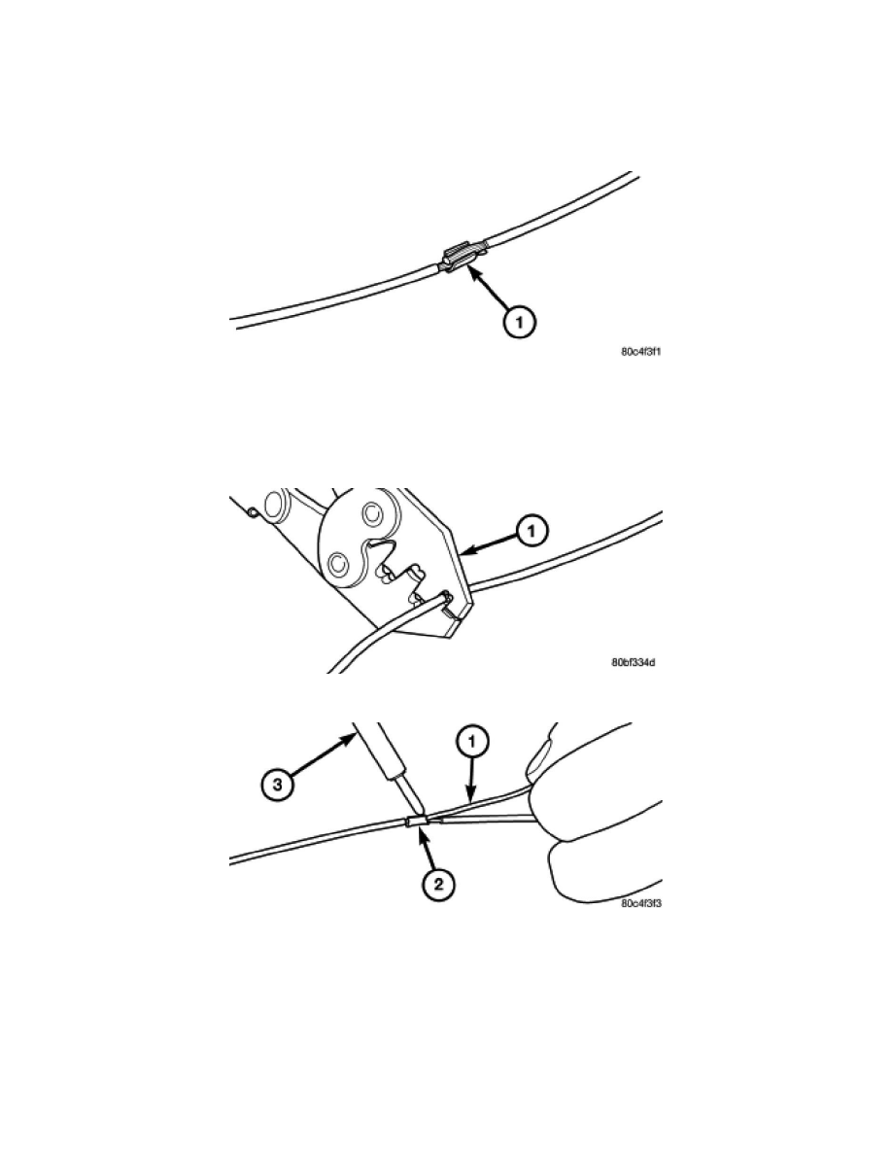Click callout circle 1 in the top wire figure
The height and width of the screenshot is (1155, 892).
tap(521, 321)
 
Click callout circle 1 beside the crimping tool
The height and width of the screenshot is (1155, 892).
tap(532, 530)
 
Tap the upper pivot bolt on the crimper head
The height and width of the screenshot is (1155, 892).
tap(372, 512)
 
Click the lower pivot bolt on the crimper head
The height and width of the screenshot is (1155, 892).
tap(338, 564)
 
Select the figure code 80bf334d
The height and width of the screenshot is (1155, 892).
tap(633, 663)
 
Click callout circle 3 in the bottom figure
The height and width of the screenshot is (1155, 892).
tap(278, 784)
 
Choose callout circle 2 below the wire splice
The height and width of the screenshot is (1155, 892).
tap(438, 883)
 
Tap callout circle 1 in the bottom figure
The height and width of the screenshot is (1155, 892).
tap(472, 743)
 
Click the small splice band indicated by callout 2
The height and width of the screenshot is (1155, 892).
tap(417, 822)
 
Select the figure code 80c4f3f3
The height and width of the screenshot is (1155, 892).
tap(640, 903)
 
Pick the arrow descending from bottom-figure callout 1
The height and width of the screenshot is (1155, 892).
tap(470, 780)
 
